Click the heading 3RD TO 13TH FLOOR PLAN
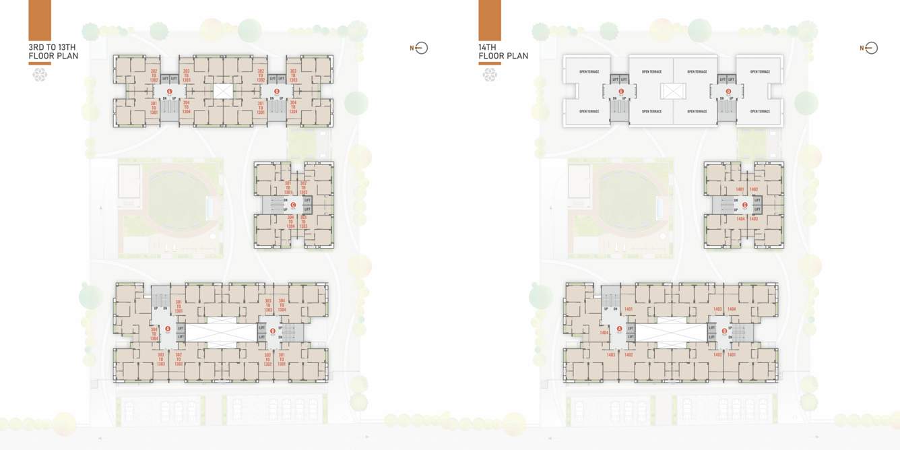coord(53,51)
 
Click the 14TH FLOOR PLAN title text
coord(503,51)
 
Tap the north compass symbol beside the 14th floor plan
coord(870,48)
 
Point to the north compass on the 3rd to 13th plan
coord(421,48)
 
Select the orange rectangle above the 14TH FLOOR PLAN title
coord(490,20)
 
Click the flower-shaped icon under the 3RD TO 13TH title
coord(40,75)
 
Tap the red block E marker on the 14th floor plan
coord(621,91)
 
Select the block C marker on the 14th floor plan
coord(745,205)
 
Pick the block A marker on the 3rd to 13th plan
coord(168,329)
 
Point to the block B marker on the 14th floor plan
coord(725,330)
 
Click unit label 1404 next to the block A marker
coord(604,333)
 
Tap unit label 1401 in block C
coord(740,189)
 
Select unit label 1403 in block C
coord(753,219)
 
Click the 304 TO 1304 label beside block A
coord(154,332)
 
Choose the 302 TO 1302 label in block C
coord(303,187)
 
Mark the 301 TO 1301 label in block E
coord(154,107)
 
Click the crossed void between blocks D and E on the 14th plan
coord(673,91)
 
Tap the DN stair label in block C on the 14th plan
coord(736,200)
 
